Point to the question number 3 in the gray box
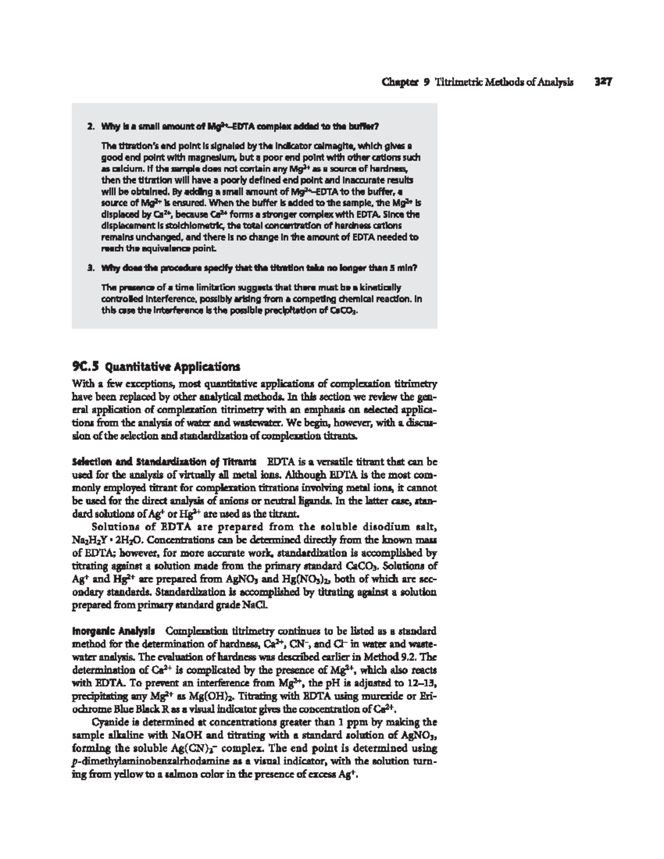coord(89,268)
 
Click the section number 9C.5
coord(87,366)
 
